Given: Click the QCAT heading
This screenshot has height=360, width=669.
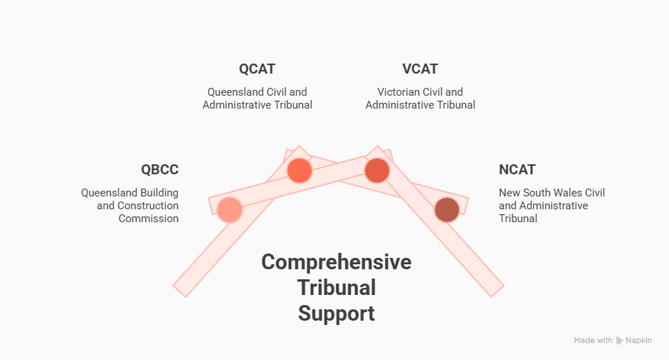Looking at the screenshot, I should click(257, 69).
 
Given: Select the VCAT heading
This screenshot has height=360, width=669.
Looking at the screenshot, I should click(420, 69).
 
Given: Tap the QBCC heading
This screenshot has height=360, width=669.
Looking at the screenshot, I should click(159, 170).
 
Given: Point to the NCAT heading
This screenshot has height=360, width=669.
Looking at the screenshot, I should click(517, 170).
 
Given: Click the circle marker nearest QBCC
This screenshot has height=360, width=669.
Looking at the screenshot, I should click(229, 210).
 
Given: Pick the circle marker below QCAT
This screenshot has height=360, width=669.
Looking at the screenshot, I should click(299, 170).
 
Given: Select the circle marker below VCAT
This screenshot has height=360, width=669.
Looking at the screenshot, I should click(377, 171).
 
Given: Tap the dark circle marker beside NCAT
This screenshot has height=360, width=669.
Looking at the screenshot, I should click(447, 210).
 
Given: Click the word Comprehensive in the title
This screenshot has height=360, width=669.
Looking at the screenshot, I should click(336, 262).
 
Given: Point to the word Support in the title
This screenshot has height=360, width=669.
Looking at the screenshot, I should click(336, 313).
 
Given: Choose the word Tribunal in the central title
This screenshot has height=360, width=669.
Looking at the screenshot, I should click(336, 288).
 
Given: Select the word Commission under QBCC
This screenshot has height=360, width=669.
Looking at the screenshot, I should click(149, 219).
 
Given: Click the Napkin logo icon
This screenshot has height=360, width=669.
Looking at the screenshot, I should click(620, 341).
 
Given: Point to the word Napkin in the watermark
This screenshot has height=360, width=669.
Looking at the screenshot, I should click(638, 341).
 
